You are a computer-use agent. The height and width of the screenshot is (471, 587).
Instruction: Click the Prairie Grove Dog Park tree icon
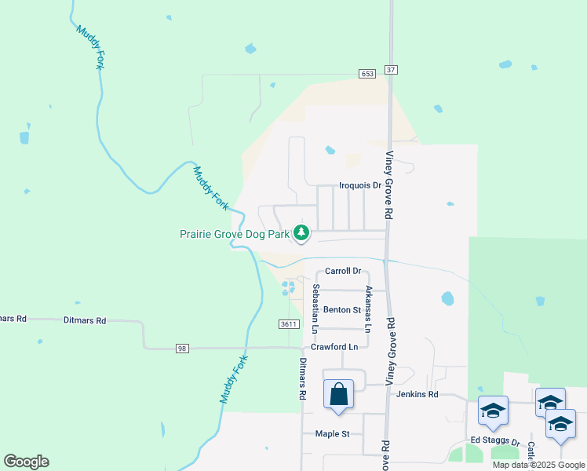tap(301, 232)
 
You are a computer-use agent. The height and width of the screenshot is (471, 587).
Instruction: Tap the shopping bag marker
tap(338, 394)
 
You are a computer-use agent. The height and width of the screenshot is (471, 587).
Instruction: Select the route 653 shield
tap(368, 73)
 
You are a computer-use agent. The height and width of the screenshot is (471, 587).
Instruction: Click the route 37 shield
tap(392, 70)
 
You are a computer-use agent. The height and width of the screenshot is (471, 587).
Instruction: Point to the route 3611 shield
tap(289, 324)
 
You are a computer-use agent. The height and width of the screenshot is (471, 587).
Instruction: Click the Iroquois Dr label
tap(359, 186)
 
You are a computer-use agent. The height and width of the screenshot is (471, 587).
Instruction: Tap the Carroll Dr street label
tap(343, 272)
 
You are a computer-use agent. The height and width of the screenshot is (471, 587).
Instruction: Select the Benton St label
tap(341, 310)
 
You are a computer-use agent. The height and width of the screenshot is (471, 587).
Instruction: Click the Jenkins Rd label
tap(417, 394)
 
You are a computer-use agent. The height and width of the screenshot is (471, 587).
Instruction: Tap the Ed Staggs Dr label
tap(495, 441)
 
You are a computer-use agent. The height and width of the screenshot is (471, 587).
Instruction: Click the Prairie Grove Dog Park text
tap(234, 233)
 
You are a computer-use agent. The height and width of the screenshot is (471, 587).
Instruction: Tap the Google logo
tap(26, 462)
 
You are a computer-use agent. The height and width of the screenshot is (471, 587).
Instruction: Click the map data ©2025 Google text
tap(539, 465)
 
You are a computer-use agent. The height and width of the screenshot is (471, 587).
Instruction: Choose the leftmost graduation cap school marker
tap(493, 411)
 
